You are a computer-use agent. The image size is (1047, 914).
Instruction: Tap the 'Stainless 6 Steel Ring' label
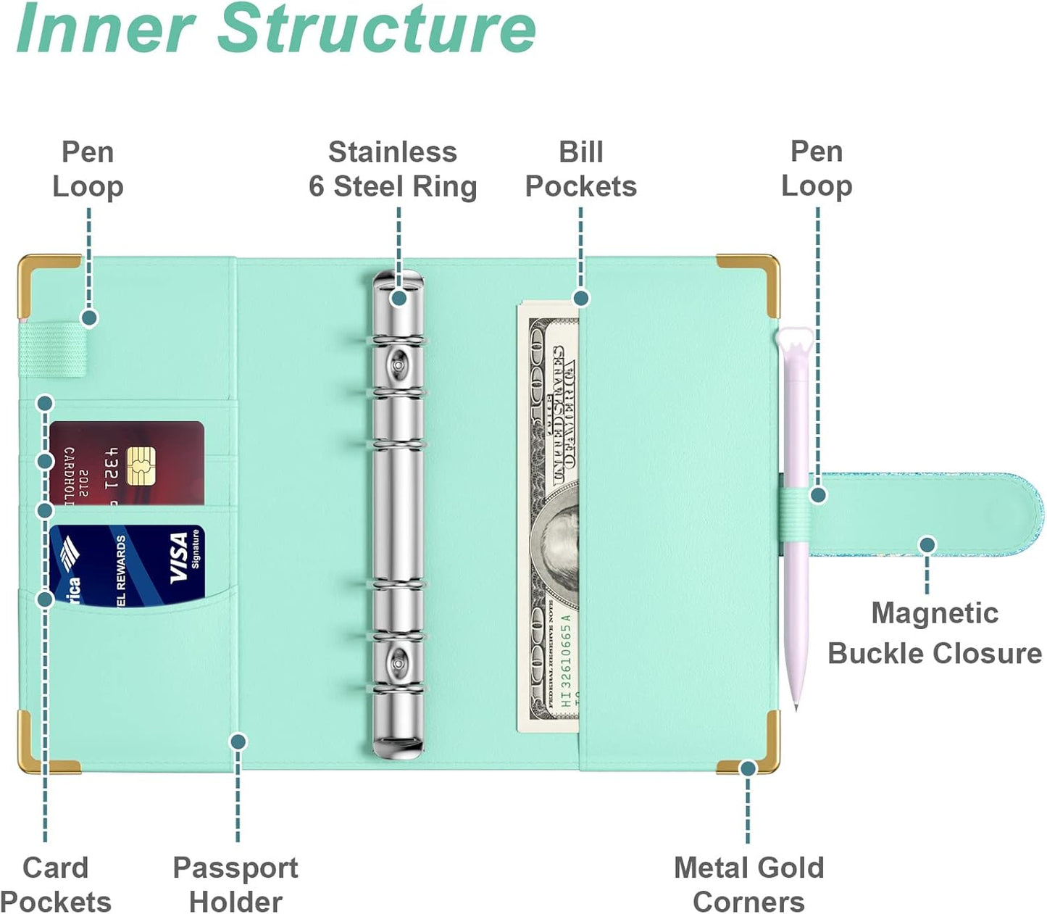pos(393,170)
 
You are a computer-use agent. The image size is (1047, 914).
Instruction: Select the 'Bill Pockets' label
pos(580,170)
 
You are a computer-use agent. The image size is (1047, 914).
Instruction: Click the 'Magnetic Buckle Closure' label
pos(935,633)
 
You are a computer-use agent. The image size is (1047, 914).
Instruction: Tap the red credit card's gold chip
pos(141,466)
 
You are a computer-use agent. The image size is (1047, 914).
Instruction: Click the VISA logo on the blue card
pos(179,557)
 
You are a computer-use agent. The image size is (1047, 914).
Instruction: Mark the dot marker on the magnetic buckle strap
pos(927,545)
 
